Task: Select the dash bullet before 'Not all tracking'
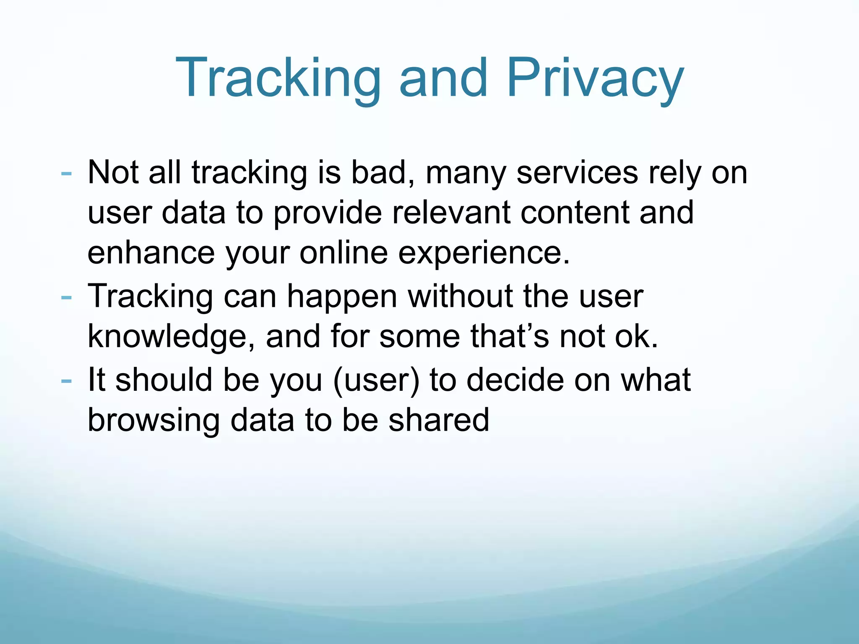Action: point(66,173)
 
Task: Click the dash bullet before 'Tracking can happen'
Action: point(66,297)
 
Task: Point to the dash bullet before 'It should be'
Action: point(66,381)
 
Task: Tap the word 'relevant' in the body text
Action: point(451,213)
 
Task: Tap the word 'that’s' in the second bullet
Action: point(510,336)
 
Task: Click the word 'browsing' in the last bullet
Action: point(154,421)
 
